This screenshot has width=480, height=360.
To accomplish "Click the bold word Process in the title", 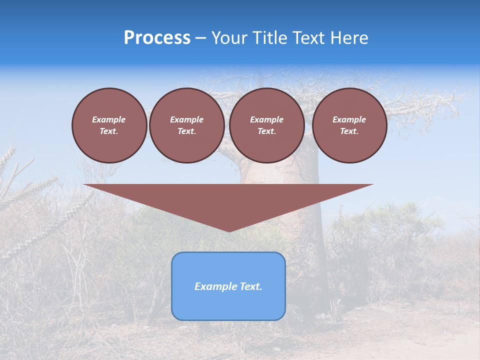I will pos(157,38).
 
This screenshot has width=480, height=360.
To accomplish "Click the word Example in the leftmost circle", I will pos(109,119).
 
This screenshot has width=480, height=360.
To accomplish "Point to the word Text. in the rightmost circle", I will pos(349,131).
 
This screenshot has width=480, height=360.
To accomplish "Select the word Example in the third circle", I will pos(266,119).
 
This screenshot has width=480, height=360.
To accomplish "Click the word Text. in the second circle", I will pos(186,131).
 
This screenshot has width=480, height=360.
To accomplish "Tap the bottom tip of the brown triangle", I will pos(229,231).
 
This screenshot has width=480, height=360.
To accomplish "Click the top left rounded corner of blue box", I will pos(175,256).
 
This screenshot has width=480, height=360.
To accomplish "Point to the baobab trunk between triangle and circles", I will pos(280,172).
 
